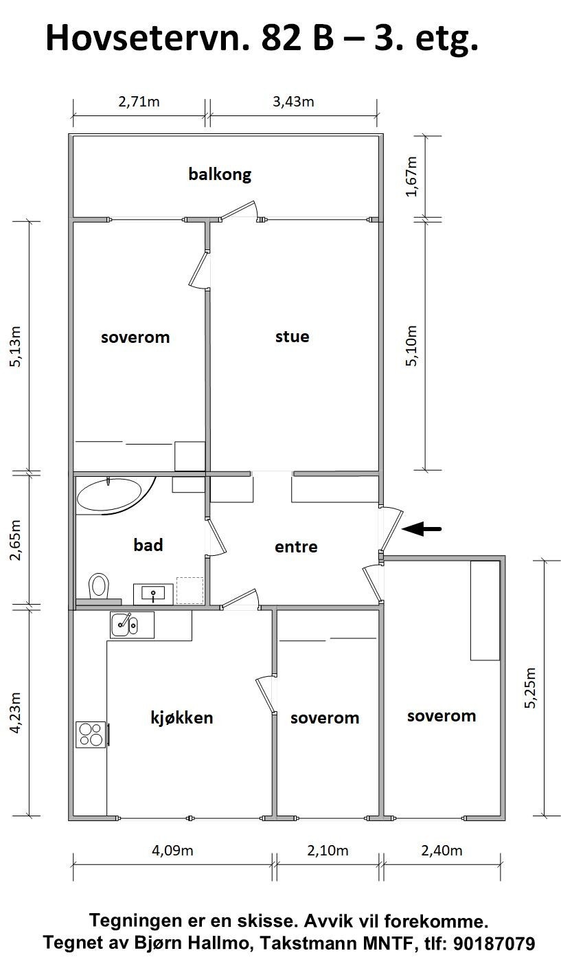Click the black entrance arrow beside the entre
tap(422, 528)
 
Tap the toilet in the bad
tap(99, 586)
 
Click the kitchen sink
tap(124, 625)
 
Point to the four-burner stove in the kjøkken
tap(91, 734)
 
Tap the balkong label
tap(220, 174)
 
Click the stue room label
tap(292, 337)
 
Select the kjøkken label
tap(181, 718)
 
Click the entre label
tap(296, 547)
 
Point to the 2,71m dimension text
tap(139, 102)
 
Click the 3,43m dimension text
tap(293, 102)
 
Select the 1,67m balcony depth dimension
tap(411, 176)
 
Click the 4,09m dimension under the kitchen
tap(172, 851)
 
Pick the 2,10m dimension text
tap(328, 851)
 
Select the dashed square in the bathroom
tap(190, 590)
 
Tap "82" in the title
tap(279, 38)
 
